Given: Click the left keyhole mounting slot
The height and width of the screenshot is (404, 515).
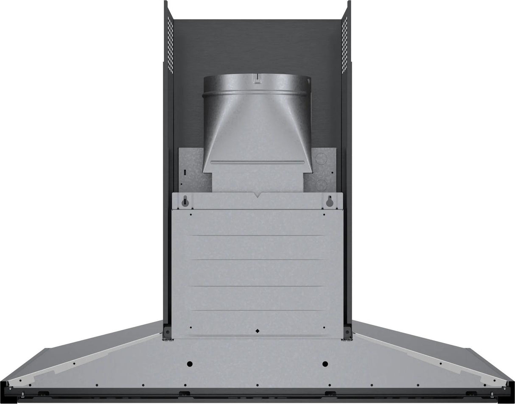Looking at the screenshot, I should point(185,202).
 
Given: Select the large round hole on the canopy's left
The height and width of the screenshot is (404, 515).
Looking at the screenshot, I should point(190,364).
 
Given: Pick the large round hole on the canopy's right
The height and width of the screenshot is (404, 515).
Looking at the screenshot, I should point(325,364).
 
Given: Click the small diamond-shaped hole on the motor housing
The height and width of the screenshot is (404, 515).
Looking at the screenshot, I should point(257,330).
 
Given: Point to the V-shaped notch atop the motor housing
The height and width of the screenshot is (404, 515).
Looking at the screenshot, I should point(257,195).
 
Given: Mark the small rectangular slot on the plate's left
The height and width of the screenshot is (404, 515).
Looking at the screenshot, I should point(185,173).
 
